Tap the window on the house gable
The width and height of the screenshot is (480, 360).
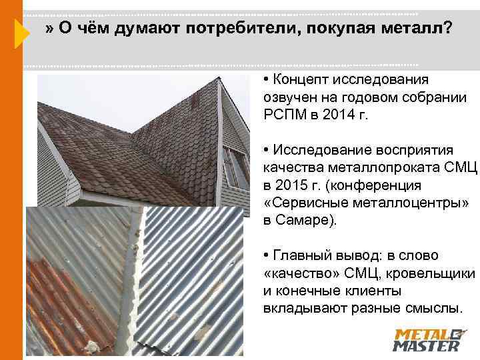[235, 167]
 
